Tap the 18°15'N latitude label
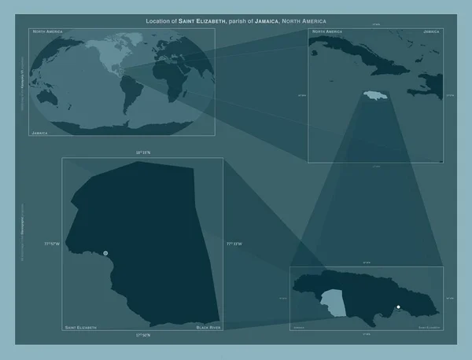point(143,152)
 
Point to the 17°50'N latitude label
point(143,336)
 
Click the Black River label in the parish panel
point(208,325)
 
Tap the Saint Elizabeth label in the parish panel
point(81,325)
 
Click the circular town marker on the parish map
point(106,253)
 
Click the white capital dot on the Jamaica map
point(399,307)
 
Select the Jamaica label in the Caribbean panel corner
point(431,32)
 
